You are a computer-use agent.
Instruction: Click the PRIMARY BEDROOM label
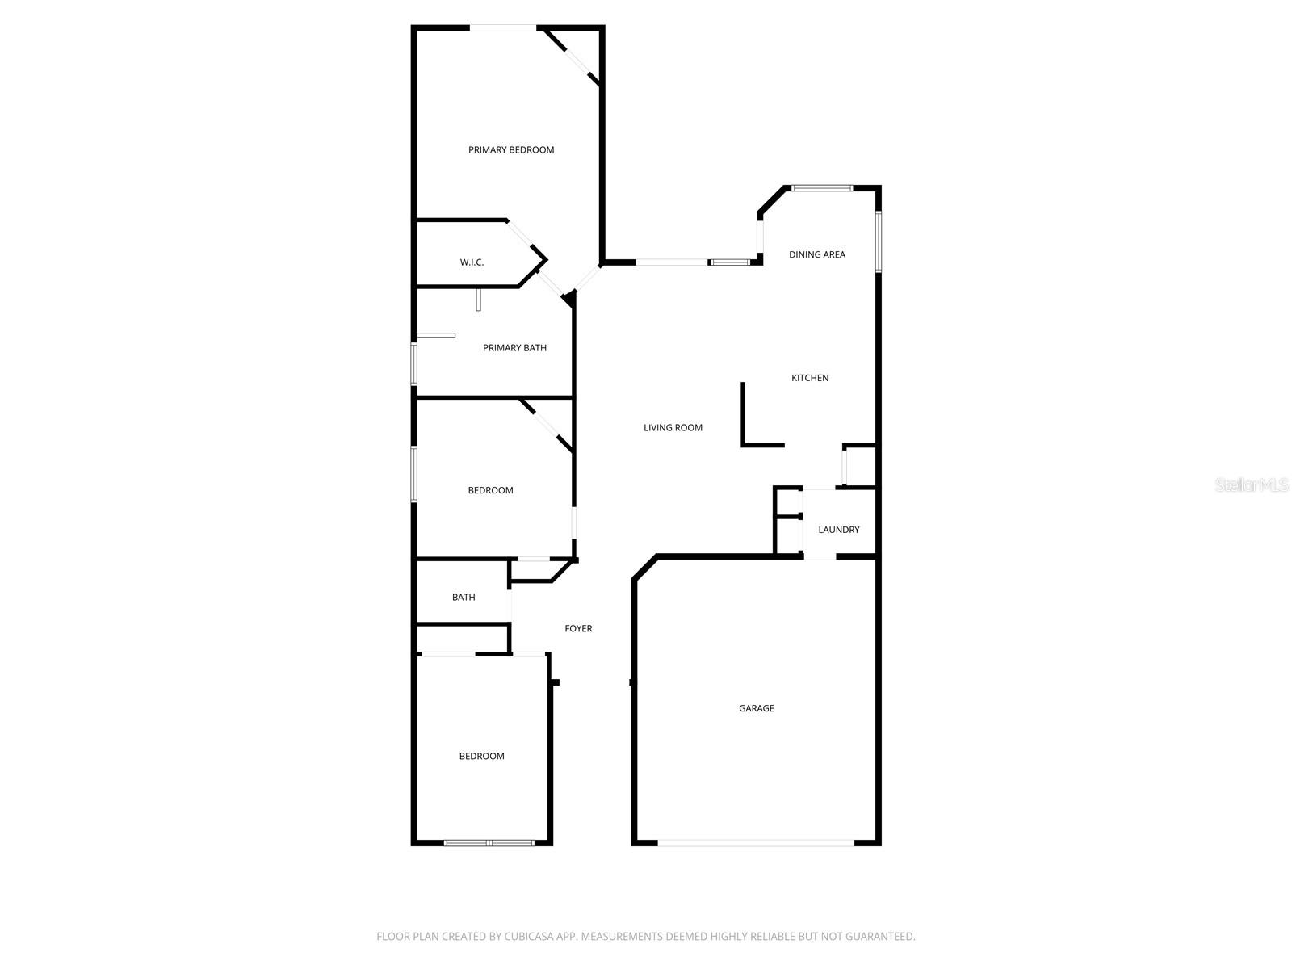(x=511, y=150)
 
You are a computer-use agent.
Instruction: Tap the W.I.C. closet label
(x=472, y=262)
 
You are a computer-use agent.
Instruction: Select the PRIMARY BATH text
(x=514, y=348)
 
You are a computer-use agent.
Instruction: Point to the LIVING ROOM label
(x=673, y=428)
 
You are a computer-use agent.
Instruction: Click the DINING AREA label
(x=816, y=254)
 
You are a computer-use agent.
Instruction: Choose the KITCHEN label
(x=809, y=378)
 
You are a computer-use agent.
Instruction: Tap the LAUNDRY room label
(x=838, y=530)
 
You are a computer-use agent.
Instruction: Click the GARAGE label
(x=756, y=708)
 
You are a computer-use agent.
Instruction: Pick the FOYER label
(x=578, y=628)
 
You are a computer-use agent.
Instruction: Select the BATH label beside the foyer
(x=464, y=598)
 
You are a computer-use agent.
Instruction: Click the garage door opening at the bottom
(x=756, y=843)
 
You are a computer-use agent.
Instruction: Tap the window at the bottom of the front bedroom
(x=489, y=843)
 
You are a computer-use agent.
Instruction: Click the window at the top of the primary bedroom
(x=502, y=28)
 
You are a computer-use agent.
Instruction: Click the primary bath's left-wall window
(x=414, y=364)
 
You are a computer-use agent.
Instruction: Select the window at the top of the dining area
(x=821, y=188)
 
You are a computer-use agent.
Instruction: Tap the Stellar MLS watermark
(x=1252, y=485)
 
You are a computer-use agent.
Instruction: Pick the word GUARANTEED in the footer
(x=882, y=937)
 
